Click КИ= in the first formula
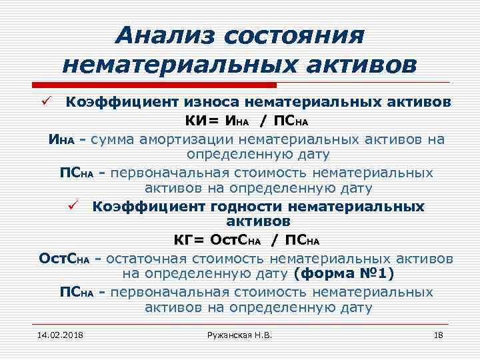205,121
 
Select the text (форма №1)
346,274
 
